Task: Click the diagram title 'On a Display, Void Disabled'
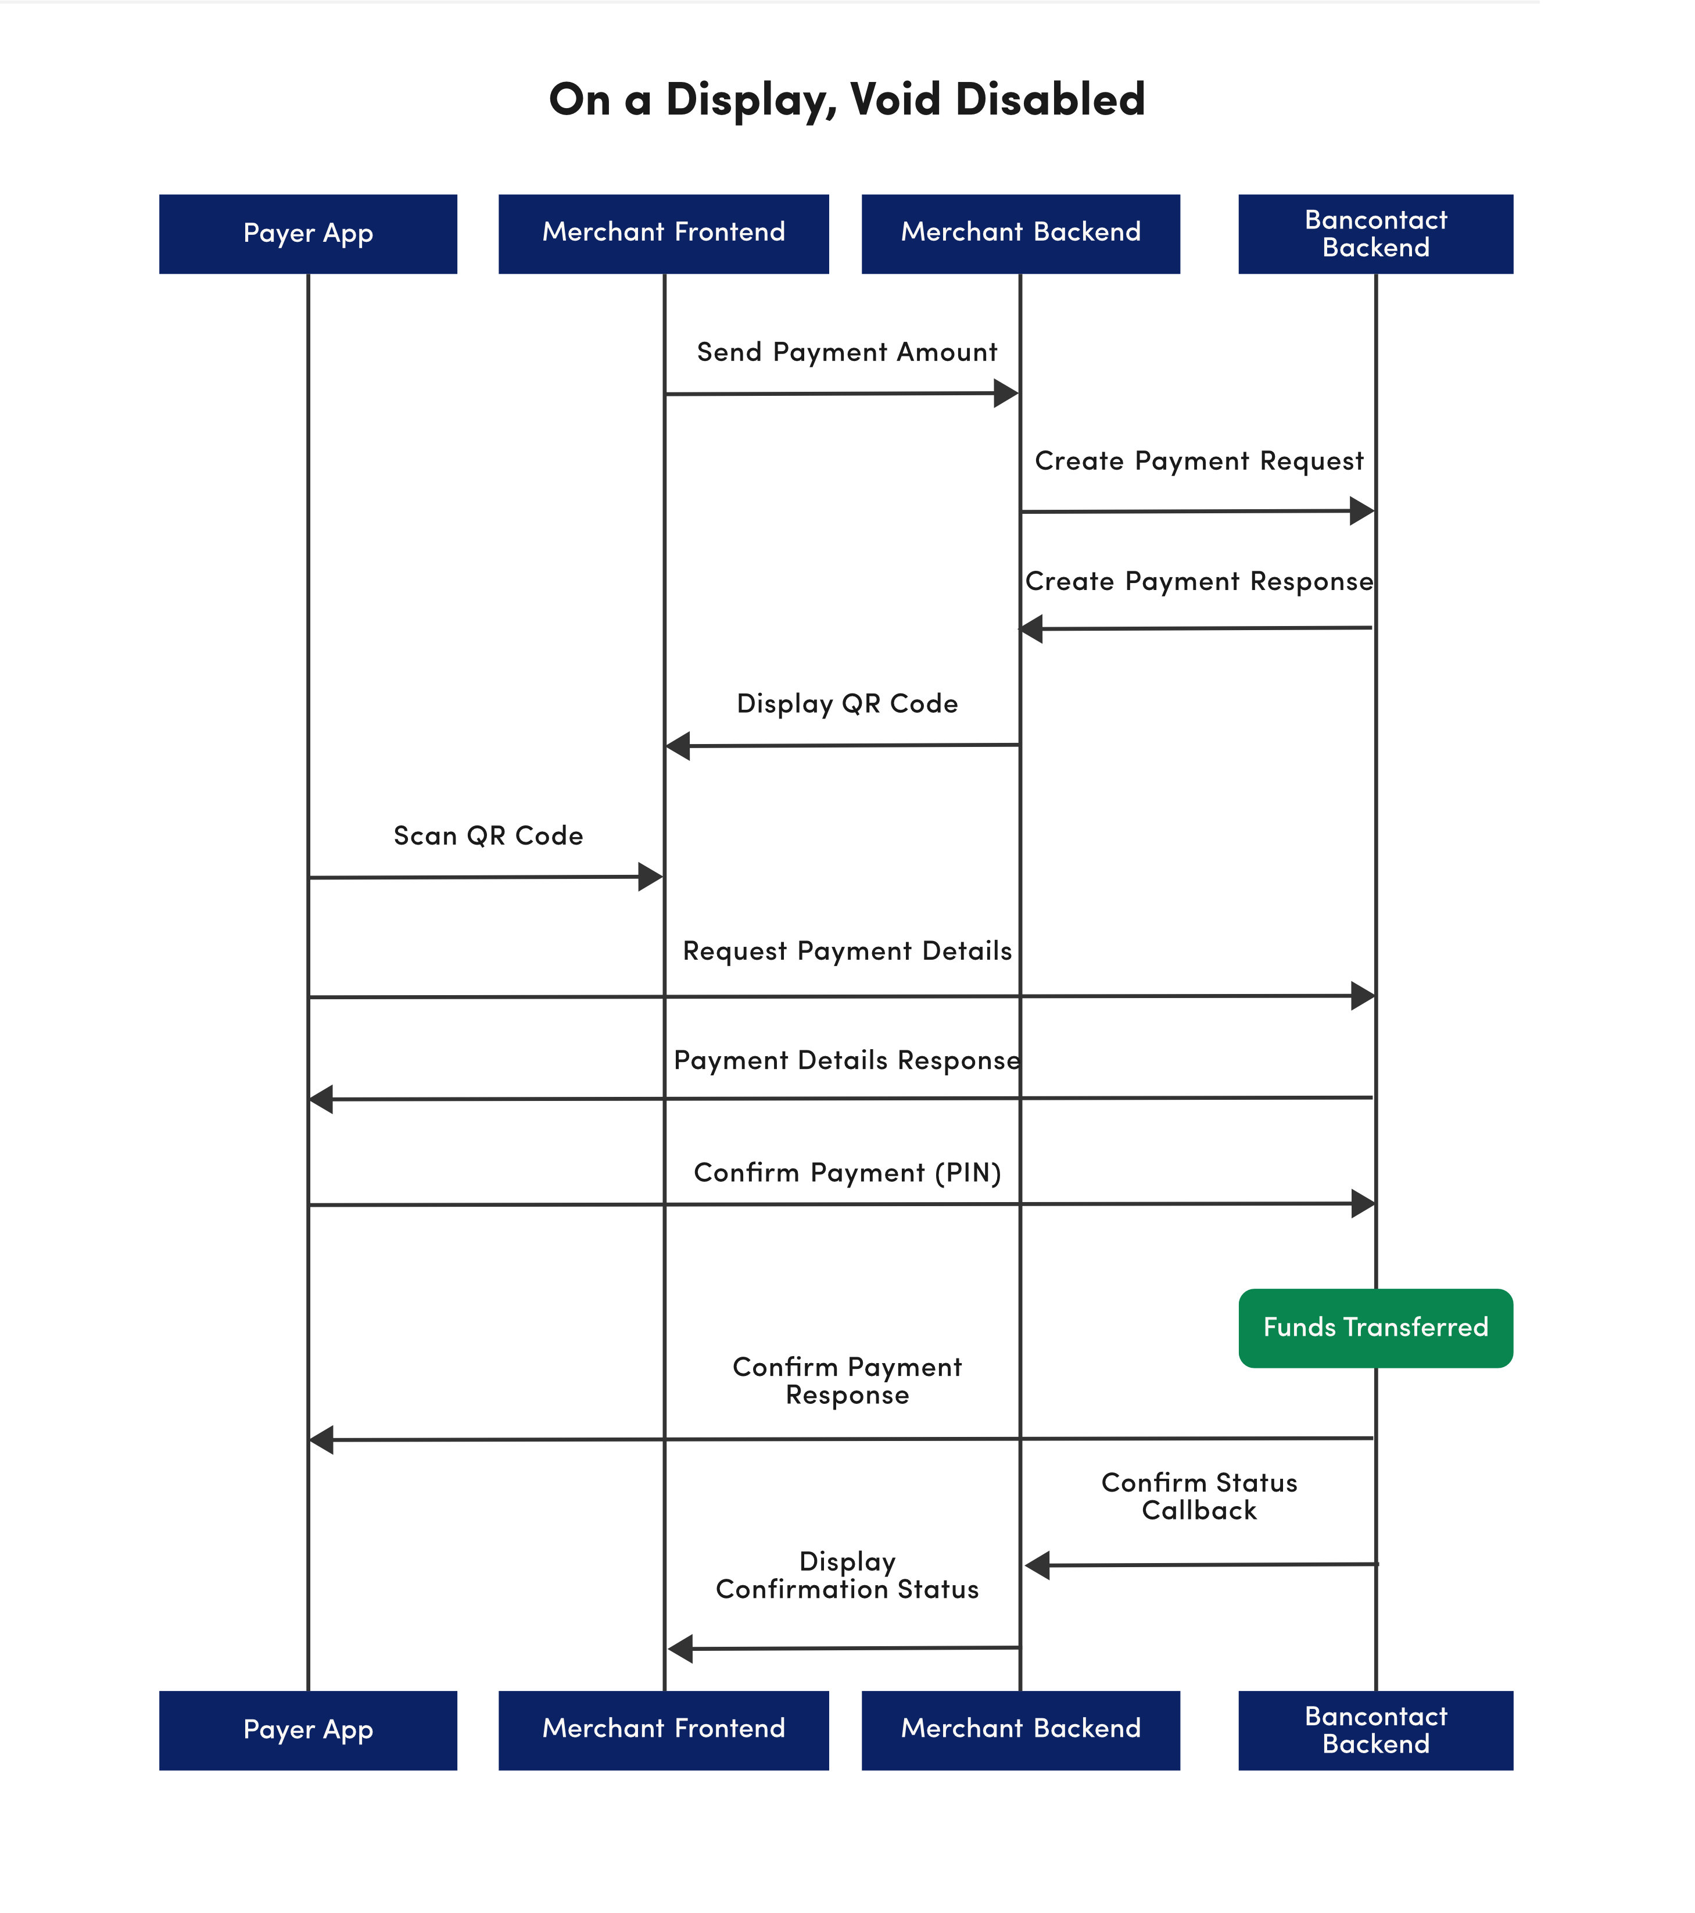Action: coord(847,100)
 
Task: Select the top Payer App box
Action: coord(308,234)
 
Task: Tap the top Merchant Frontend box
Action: coord(663,234)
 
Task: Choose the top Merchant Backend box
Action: coord(1020,234)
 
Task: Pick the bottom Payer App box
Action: coord(308,1730)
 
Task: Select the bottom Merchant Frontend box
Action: coord(663,1730)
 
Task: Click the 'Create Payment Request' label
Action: coord(1199,462)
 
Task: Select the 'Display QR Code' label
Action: coord(847,704)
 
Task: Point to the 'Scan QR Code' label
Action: coord(488,836)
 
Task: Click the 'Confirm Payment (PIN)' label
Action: coord(847,1172)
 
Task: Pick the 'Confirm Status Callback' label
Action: coord(1199,1496)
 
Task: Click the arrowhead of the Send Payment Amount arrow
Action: coord(1006,393)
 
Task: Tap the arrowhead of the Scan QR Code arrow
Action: coord(651,877)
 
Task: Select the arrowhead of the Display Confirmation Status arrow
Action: coord(680,1649)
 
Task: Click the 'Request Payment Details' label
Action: coord(847,951)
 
